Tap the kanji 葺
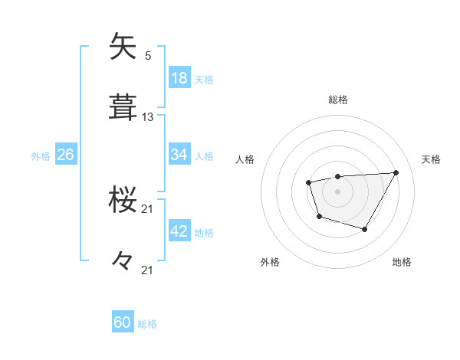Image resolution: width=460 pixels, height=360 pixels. coord(124,108)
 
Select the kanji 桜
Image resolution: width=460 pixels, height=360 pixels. coord(124,200)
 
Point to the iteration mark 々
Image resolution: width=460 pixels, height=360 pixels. coord(124,261)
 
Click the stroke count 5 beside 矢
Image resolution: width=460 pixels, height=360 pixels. coord(148,56)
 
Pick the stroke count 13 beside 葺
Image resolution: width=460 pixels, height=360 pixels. coord(148,117)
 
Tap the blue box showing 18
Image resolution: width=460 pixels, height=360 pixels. coord(179,78)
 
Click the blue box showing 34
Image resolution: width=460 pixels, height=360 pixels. coord(179,155)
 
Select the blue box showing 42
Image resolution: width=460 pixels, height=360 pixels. coord(179,231)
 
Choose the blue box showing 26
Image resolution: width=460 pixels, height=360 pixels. coord(65,155)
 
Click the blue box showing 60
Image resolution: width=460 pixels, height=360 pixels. coord(123,323)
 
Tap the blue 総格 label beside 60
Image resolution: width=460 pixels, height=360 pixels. coord(147,324)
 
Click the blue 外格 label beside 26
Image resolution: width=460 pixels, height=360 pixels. coord(41,155)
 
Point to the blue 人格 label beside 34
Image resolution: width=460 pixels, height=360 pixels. coord(204,155)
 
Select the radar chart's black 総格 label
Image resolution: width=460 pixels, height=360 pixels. coord(338,100)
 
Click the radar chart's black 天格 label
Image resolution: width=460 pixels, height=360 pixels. coord(432,159)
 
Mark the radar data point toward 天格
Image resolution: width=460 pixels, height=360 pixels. coord(396,172)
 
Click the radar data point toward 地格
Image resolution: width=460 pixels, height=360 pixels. coord(365,229)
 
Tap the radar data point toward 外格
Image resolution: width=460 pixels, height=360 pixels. coord(319,217)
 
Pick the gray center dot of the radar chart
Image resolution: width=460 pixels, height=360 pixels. coord(338,191)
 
